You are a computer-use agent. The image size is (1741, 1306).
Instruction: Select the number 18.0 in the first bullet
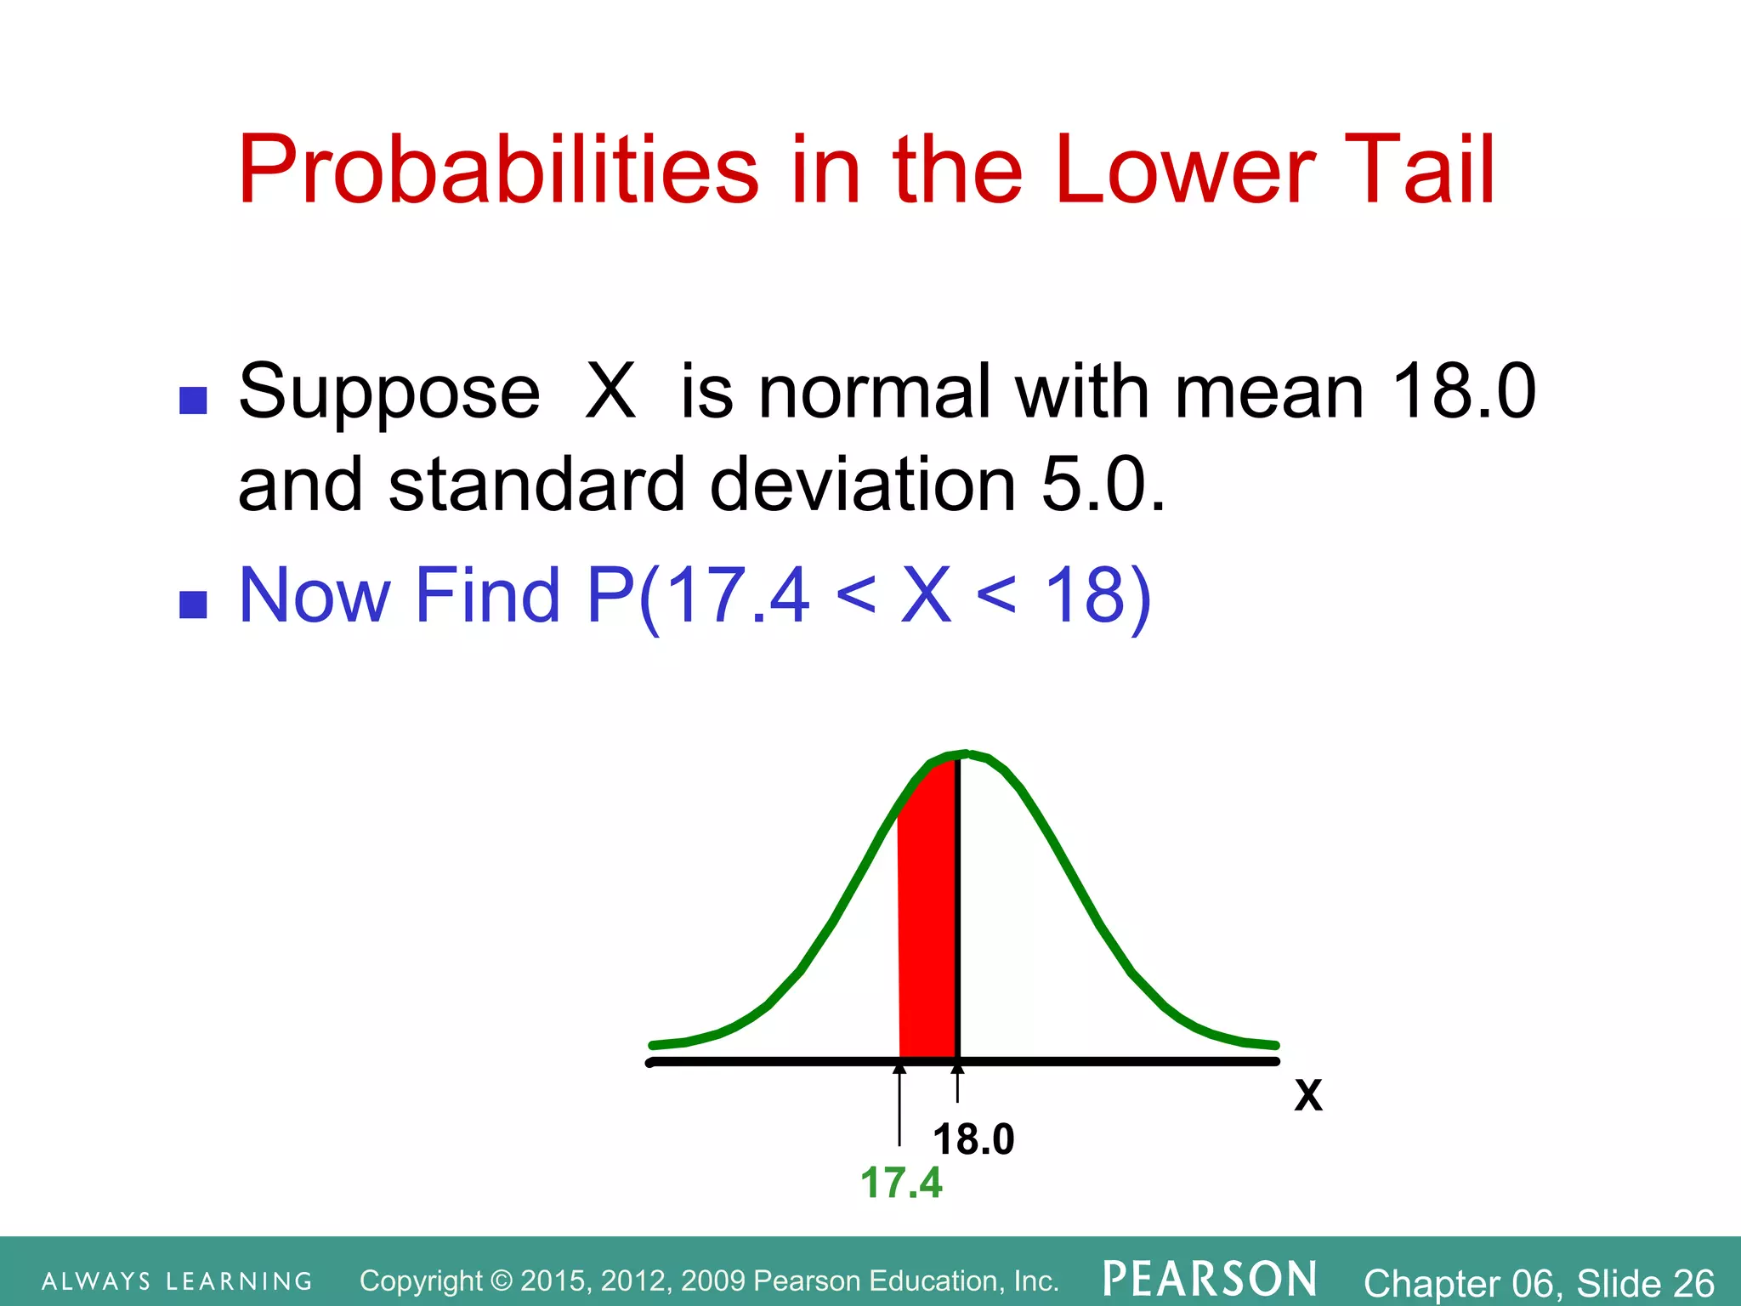[1464, 391]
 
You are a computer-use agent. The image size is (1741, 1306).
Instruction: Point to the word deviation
[862, 485]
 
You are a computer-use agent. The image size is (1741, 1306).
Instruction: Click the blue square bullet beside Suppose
[194, 400]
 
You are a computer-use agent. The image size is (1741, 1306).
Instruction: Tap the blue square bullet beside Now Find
[194, 605]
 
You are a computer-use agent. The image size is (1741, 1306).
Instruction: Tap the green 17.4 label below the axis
[901, 1183]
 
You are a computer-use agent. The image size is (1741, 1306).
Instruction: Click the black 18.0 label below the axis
[973, 1139]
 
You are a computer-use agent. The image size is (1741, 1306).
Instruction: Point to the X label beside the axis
[1308, 1096]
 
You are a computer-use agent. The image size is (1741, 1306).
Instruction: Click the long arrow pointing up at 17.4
[899, 1105]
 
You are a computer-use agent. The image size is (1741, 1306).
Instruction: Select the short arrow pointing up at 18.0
[958, 1083]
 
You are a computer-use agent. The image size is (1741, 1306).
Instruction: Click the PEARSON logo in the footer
[1210, 1280]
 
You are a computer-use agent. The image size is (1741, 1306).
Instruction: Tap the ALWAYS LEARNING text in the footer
[177, 1281]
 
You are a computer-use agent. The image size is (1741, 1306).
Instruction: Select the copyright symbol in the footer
[502, 1280]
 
